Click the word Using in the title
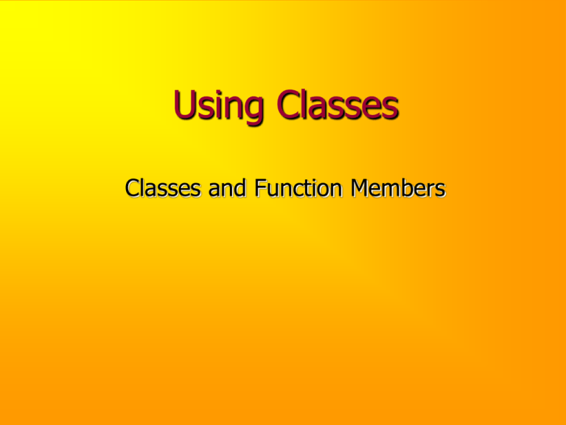tap(214, 114)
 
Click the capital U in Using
tap(184, 112)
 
